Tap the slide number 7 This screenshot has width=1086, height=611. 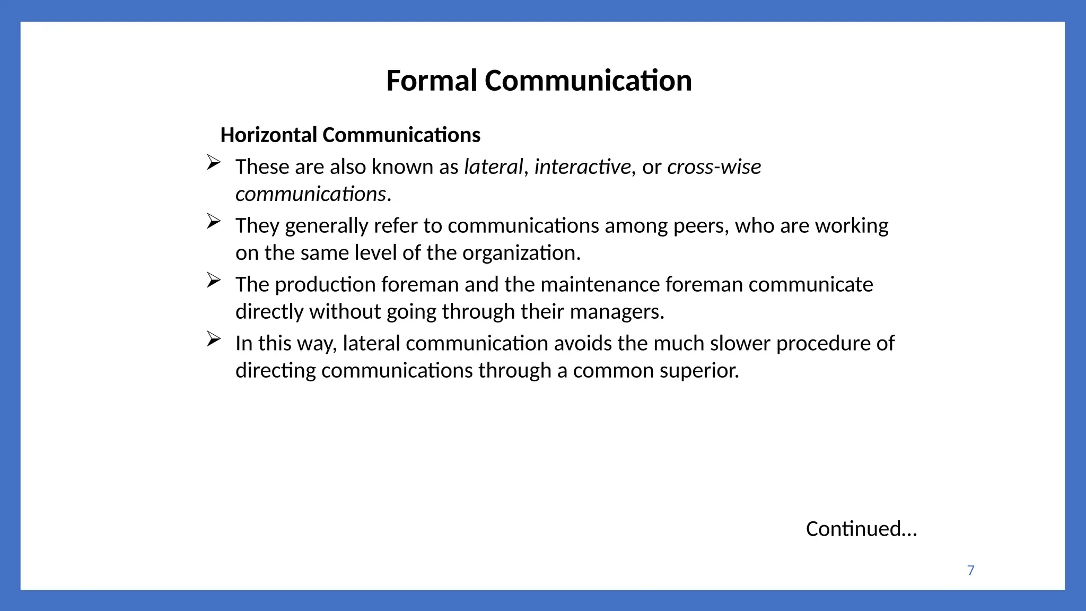pyautogui.click(x=970, y=570)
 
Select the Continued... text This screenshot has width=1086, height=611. pyautogui.click(x=861, y=529)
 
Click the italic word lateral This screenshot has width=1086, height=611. pyautogui.click(x=493, y=167)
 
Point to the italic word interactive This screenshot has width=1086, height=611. pyautogui.click(x=582, y=167)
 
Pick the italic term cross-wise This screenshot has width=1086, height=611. pyautogui.click(x=714, y=167)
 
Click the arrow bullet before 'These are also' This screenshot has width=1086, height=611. pyautogui.click(x=213, y=162)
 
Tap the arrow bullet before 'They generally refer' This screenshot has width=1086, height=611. pyautogui.click(x=213, y=221)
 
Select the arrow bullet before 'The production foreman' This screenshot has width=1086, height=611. pyautogui.click(x=213, y=280)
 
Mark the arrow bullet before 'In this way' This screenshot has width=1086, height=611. pyautogui.click(x=213, y=339)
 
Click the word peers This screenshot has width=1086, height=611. pyautogui.click(x=700, y=226)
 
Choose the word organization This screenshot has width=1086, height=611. pyautogui.click(x=521, y=253)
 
